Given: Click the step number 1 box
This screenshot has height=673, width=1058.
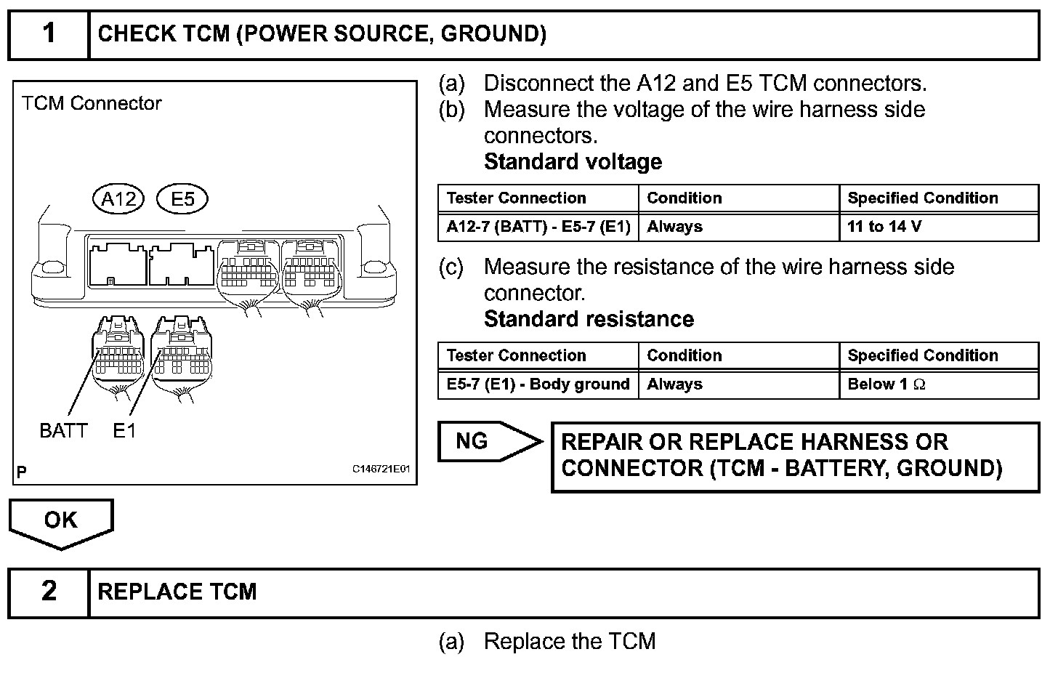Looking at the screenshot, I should (x=49, y=34).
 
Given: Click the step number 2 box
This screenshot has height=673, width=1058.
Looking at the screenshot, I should (x=49, y=592).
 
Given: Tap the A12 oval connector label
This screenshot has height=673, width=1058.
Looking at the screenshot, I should (x=119, y=198).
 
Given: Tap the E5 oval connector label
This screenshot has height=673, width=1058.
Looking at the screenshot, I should (x=182, y=198).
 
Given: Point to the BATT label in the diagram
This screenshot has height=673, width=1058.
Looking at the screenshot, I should (x=63, y=431).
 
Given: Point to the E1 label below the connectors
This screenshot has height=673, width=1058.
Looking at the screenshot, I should (x=124, y=431).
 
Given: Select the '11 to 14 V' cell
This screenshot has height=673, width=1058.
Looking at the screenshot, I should (x=938, y=227).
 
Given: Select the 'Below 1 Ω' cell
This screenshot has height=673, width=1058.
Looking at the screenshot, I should (x=938, y=384).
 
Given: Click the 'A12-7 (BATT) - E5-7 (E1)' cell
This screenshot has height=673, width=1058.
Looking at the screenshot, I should (x=538, y=227).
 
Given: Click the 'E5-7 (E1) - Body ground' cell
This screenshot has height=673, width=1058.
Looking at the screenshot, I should (x=538, y=384).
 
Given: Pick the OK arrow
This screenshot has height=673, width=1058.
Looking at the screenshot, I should (x=61, y=522).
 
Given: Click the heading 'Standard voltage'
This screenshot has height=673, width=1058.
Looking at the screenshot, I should (x=573, y=161).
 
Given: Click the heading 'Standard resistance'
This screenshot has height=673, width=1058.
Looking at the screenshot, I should (x=589, y=319).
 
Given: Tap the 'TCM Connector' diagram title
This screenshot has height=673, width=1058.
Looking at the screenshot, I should (x=92, y=103).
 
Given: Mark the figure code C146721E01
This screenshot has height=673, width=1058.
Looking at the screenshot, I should (x=381, y=470).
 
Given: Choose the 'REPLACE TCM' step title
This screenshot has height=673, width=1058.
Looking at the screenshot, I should (x=177, y=592).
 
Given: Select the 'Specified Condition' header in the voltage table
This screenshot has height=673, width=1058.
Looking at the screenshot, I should (x=923, y=198).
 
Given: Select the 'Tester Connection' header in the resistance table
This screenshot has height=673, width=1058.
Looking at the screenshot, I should (x=516, y=355).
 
